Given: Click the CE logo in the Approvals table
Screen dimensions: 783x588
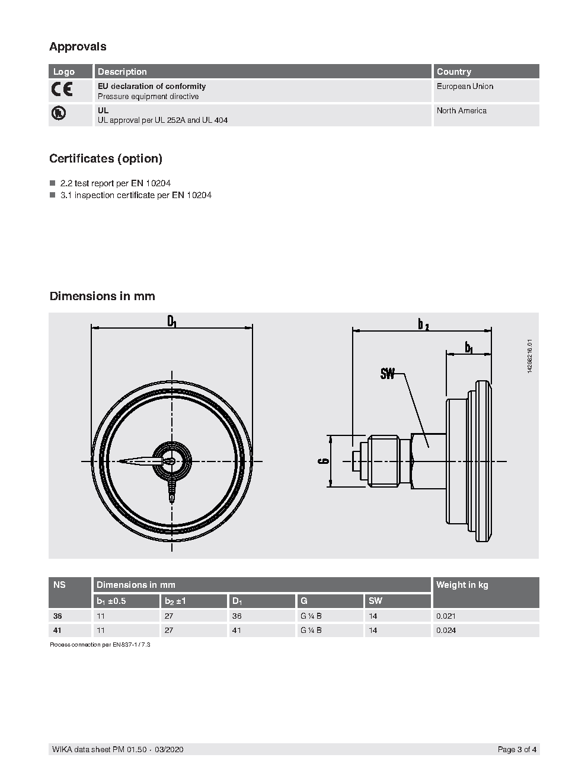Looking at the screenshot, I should coord(62,90).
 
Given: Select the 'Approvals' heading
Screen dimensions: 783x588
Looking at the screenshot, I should coord(78,46).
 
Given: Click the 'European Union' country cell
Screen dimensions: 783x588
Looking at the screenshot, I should coord(465,87).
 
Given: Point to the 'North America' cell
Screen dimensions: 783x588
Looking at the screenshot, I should coord(461,111).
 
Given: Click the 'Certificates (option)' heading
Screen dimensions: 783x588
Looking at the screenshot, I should coord(106,158).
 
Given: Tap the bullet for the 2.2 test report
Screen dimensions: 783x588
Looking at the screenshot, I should coord(52,183).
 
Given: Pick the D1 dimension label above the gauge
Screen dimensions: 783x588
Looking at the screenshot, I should coord(172,322).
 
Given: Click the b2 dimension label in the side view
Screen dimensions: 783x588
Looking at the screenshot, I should coord(423,324).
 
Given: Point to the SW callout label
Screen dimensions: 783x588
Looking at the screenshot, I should coord(388,374).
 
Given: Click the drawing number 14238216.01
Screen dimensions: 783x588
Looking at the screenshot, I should coord(529,356).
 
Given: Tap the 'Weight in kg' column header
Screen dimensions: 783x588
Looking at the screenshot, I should coord(462,585).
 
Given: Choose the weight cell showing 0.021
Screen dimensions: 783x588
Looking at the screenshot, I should coord(446,616).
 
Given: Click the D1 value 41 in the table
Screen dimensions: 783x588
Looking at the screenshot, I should coord(237,631).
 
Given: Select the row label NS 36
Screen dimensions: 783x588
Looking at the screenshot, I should coord(57,616).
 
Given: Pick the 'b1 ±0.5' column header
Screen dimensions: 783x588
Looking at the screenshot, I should coord(111,601).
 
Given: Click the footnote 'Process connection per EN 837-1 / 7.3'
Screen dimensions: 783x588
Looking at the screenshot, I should coord(100,644).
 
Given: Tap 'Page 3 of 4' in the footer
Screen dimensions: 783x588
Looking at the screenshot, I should coord(517,750).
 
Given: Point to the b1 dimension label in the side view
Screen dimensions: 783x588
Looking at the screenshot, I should coord(468,348).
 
